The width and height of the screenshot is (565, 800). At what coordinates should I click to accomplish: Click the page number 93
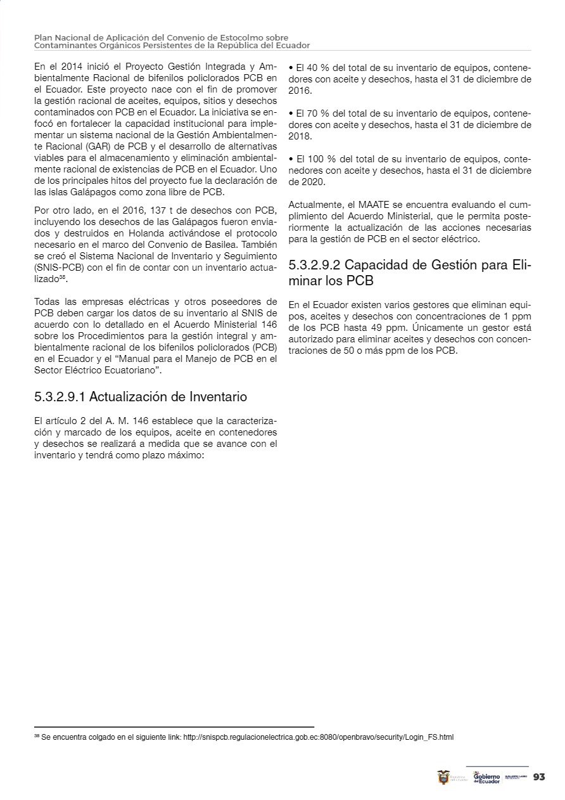click(539, 777)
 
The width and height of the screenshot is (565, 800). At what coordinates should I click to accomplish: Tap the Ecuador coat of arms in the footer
click(443, 777)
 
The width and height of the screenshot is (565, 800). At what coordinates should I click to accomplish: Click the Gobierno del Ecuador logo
click(486, 778)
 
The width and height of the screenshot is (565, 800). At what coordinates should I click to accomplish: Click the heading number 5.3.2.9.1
click(60, 397)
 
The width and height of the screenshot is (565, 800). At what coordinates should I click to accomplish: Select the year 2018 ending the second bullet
click(300, 136)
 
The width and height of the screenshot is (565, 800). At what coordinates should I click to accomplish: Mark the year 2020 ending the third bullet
click(300, 182)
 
